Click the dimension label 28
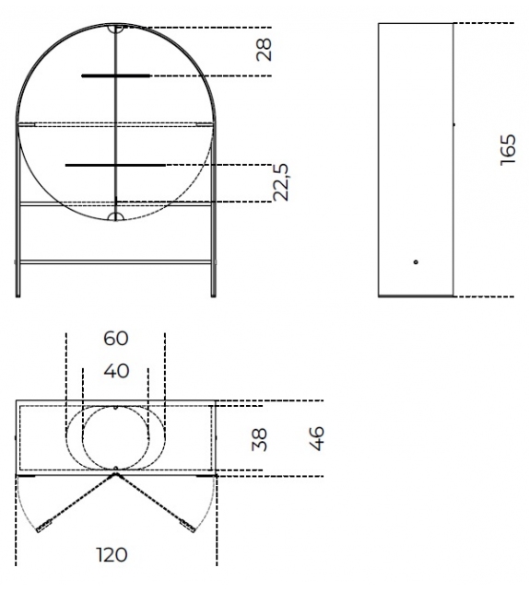(264, 51)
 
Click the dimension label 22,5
(282, 181)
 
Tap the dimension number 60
(116, 339)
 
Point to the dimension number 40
(116, 371)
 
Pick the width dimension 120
(114, 555)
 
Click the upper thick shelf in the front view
(114, 75)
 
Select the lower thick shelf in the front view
(114, 166)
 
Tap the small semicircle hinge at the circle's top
(116, 29)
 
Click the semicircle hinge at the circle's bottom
(116, 216)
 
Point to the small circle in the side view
(417, 262)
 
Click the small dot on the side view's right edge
(453, 122)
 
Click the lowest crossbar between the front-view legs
(116, 262)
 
